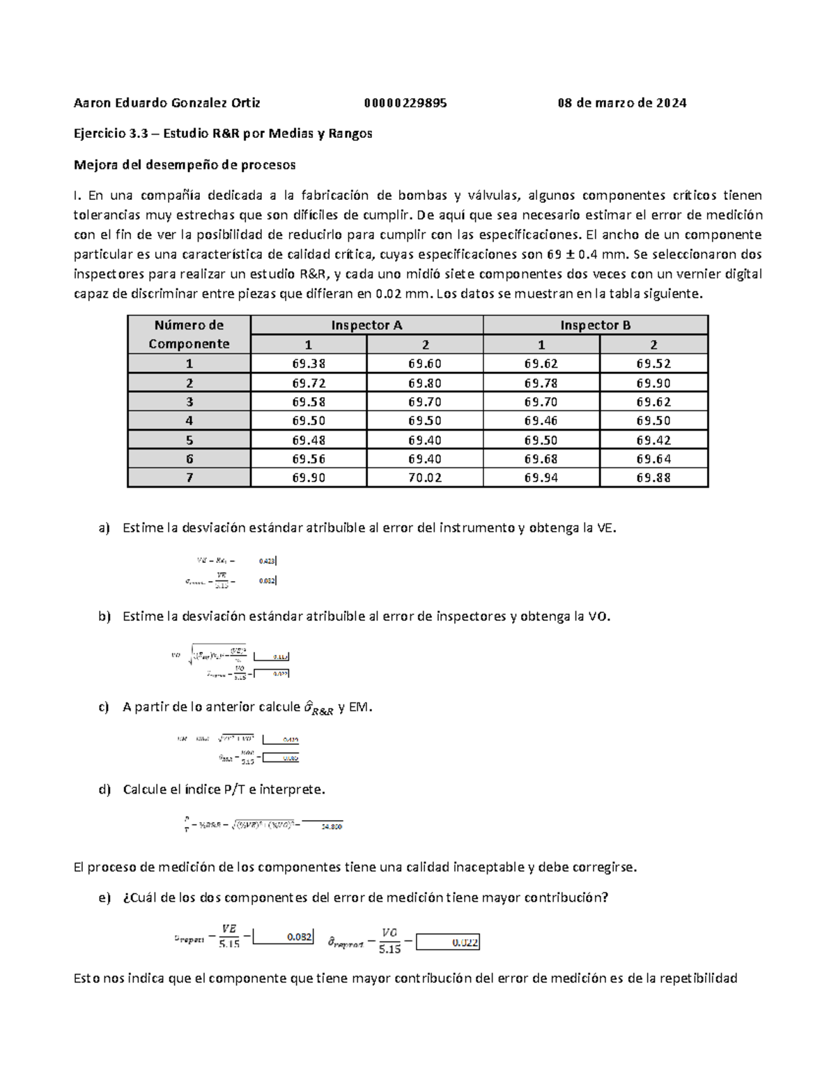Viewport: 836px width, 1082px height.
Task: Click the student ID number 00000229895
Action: point(405,103)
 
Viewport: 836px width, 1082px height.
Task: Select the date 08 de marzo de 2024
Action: point(621,103)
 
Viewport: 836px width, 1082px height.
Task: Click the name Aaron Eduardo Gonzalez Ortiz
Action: point(167,103)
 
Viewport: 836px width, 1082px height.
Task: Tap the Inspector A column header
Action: point(366,325)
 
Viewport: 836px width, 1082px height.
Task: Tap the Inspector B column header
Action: point(596,325)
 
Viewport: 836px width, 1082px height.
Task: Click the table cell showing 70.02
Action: point(425,478)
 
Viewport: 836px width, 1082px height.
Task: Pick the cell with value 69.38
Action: point(309,364)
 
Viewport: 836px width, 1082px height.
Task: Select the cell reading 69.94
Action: point(541,478)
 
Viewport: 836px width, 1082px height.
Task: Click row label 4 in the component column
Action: point(189,421)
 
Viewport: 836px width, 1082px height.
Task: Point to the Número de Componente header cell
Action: point(189,334)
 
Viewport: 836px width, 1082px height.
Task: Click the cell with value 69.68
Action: point(541,459)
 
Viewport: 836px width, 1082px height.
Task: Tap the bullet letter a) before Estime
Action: point(104,528)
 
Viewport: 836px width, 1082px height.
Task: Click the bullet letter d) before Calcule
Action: point(104,789)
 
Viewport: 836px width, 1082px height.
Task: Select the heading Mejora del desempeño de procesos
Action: point(185,165)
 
